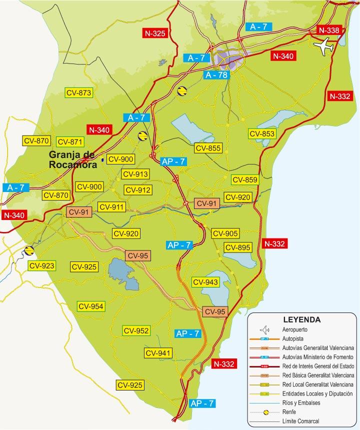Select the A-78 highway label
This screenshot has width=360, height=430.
point(216,75)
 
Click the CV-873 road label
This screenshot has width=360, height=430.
point(79,92)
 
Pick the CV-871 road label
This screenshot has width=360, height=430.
point(69,141)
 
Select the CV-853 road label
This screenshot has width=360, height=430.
point(262,133)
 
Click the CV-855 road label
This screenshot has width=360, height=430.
point(208,148)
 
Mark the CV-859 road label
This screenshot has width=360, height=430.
point(244,180)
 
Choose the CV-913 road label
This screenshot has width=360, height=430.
point(134,174)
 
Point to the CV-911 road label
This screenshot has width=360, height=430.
point(111,207)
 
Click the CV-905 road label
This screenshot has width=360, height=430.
point(225,233)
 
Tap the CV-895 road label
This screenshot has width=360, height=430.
point(237,247)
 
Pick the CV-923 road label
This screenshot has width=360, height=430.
point(41,265)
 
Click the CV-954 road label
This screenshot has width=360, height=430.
point(90,306)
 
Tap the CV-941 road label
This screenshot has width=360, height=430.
point(158,353)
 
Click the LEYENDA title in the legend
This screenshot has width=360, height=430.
point(301,319)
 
